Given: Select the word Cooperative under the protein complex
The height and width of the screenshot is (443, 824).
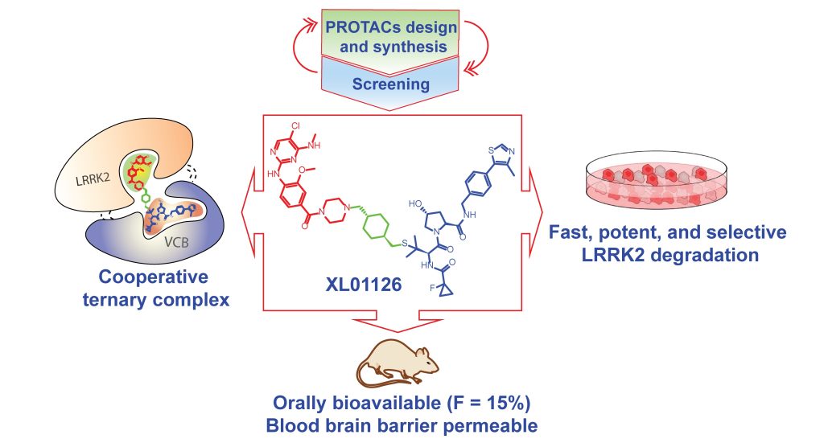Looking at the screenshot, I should (x=153, y=278).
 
